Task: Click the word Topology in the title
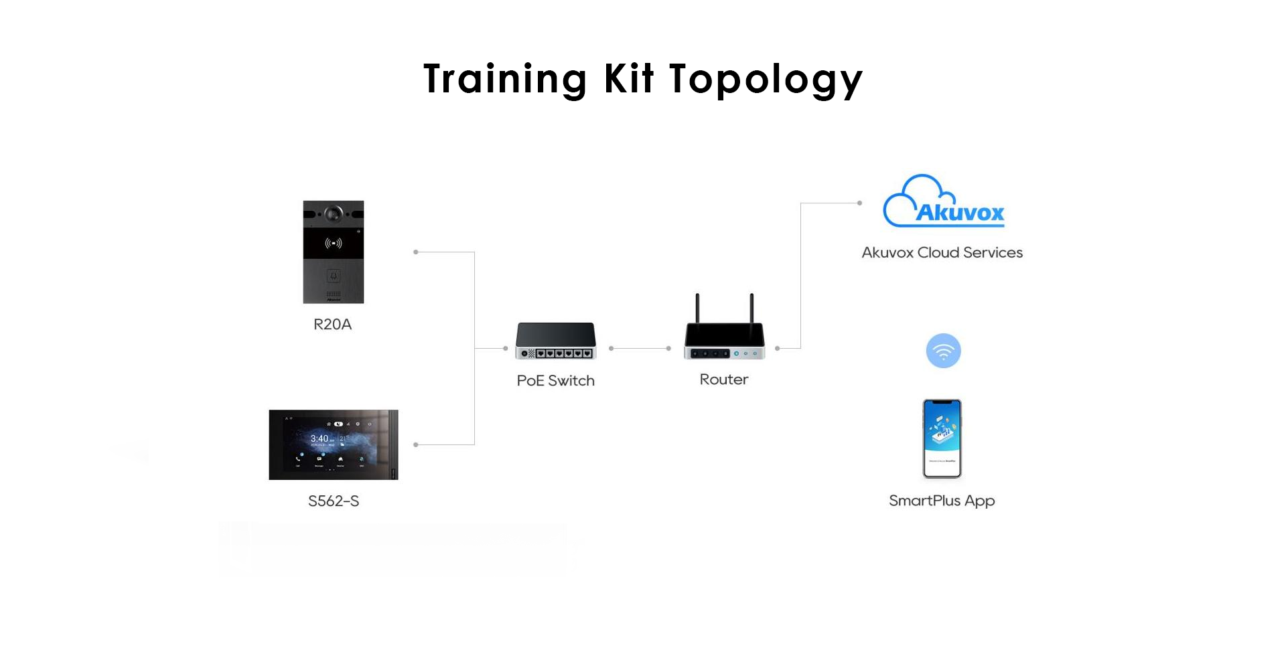766,80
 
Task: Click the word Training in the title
506,80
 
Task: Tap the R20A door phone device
334,252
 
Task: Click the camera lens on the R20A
334,214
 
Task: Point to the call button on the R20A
334,276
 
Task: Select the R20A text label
333,325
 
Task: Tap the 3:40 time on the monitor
319,438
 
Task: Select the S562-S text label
334,501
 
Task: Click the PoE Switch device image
556,341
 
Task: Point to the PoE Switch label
556,381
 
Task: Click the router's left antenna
697,309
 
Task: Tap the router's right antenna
752,309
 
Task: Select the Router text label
724,380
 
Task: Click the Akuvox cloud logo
944,201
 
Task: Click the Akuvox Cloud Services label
942,253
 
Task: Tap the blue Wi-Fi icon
944,351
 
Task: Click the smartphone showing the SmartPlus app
942,438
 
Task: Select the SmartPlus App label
942,501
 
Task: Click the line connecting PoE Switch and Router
640,348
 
